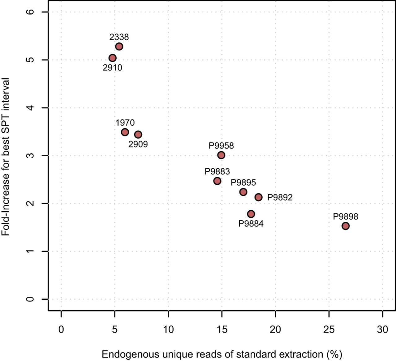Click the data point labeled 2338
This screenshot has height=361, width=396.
click(x=119, y=47)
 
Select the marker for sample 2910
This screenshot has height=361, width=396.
click(x=113, y=58)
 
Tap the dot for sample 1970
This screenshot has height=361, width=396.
click(x=125, y=132)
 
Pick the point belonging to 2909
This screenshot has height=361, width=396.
click(x=138, y=135)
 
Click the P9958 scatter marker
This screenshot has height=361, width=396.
click(x=221, y=155)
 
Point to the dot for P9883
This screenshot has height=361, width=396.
click(x=217, y=181)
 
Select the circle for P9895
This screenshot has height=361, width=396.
click(x=243, y=192)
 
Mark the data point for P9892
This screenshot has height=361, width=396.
click(x=258, y=197)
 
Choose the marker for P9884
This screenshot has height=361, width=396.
click(x=251, y=214)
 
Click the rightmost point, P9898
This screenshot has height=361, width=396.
click(x=346, y=226)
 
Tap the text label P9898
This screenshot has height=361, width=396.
click(x=346, y=217)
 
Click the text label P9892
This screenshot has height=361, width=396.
click(x=280, y=197)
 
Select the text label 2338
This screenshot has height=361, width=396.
click(x=119, y=37)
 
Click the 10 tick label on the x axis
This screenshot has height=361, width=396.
click(x=168, y=329)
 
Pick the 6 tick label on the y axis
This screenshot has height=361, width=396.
click(x=30, y=12)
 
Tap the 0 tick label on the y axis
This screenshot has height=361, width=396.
click(x=30, y=299)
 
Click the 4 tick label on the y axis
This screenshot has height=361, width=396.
click(x=30, y=108)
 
